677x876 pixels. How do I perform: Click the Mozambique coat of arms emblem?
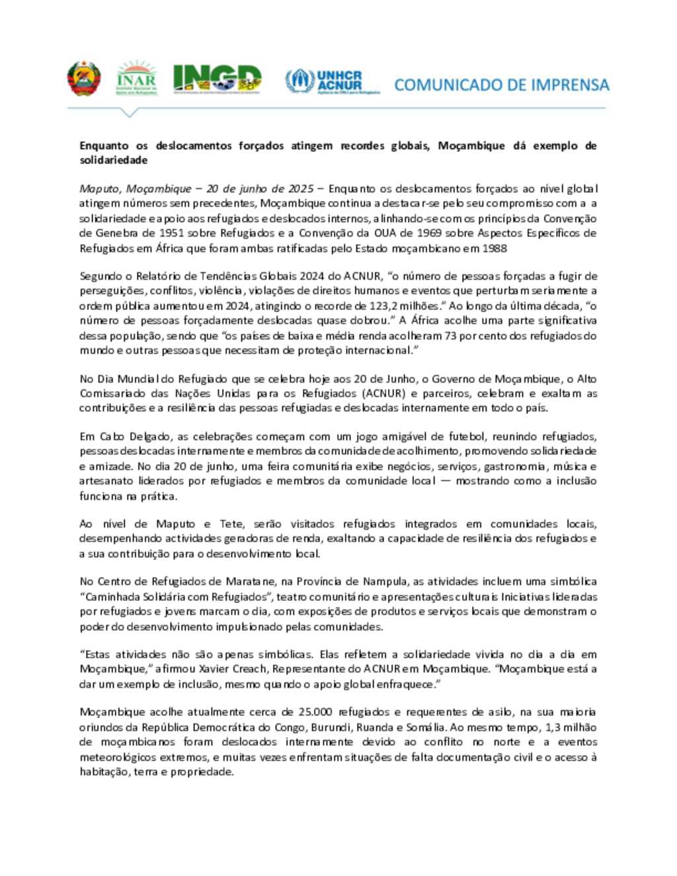83,79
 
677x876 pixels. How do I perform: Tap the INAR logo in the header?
136,79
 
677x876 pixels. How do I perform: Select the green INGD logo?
217,79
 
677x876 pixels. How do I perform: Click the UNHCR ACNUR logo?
333,81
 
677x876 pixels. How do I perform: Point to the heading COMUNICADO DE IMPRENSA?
501,85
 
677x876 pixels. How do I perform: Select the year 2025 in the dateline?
300,189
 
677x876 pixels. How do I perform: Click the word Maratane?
246,582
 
